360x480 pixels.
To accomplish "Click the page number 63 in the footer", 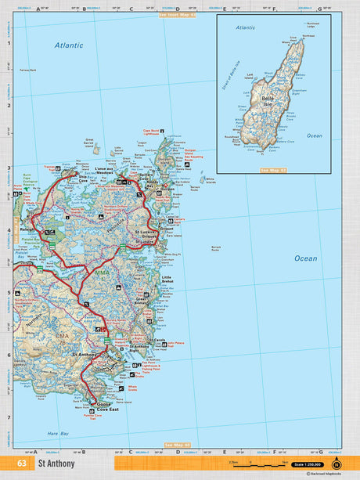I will pyautogui.click(x=21, y=464).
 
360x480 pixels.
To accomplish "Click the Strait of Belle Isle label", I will pyautogui.click(x=232, y=73).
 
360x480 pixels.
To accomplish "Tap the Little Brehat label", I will pyautogui.click(x=170, y=280).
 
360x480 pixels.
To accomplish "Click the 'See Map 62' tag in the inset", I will pyautogui.click(x=275, y=169).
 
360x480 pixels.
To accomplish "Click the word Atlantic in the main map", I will pyautogui.click(x=69, y=45).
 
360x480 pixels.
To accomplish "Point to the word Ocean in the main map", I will pyautogui.click(x=305, y=258).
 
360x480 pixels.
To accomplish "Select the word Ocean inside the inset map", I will pyautogui.click(x=314, y=135).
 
